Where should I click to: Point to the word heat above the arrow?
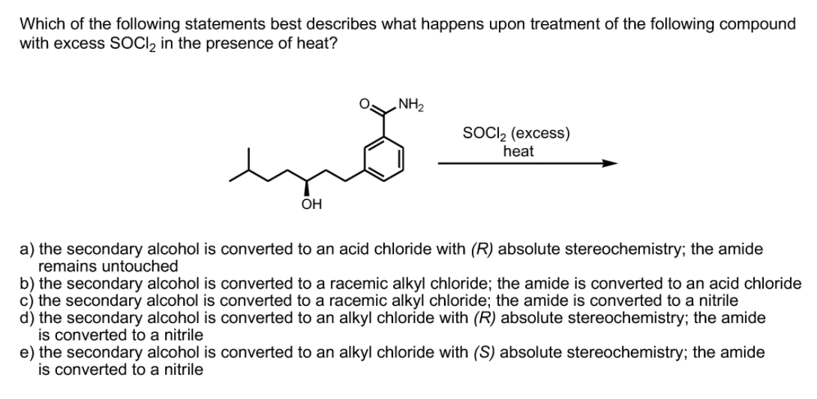click(518, 150)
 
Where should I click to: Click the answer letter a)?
click(27, 249)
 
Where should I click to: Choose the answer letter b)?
click(27, 283)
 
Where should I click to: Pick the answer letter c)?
click(27, 301)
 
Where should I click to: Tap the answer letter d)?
click(27, 318)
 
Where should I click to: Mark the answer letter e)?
click(27, 352)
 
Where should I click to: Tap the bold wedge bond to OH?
click(306, 186)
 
